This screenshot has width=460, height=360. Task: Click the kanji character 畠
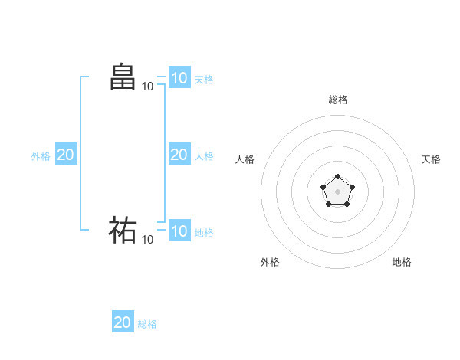pyautogui.click(x=123, y=77)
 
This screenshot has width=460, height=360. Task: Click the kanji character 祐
pyautogui.click(x=123, y=230)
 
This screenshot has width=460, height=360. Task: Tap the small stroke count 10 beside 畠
pyautogui.click(x=147, y=87)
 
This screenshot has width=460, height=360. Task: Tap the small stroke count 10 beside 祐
pyautogui.click(x=147, y=240)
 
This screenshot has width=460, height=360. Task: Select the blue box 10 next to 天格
pyautogui.click(x=179, y=77)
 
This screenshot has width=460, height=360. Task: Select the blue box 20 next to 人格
pyautogui.click(x=179, y=155)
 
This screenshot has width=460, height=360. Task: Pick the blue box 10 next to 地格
pyautogui.click(x=179, y=231)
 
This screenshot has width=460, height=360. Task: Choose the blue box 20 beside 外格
pyautogui.click(x=65, y=155)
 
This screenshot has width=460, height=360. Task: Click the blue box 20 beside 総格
pyautogui.click(x=123, y=322)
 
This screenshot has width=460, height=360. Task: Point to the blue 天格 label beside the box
pyautogui.click(x=204, y=79)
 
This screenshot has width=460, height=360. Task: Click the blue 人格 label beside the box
pyautogui.click(x=204, y=156)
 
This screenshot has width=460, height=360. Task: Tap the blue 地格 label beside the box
pyautogui.click(x=204, y=233)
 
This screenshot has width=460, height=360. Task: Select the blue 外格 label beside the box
pyautogui.click(x=41, y=156)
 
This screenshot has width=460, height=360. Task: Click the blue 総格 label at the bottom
pyautogui.click(x=147, y=324)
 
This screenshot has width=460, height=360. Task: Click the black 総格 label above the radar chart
pyautogui.click(x=337, y=100)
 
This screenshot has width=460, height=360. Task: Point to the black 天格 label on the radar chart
pyautogui.click(x=431, y=159)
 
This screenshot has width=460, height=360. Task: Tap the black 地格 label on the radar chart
pyautogui.click(x=402, y=262)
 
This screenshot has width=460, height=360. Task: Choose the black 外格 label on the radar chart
pyautogui.click(x=270, y=262)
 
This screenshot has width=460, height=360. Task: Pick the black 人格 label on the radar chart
pyautogui.click(x=245, y=159)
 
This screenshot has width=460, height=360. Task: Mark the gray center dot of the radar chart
pyautogui.click(x=337, y=191)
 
